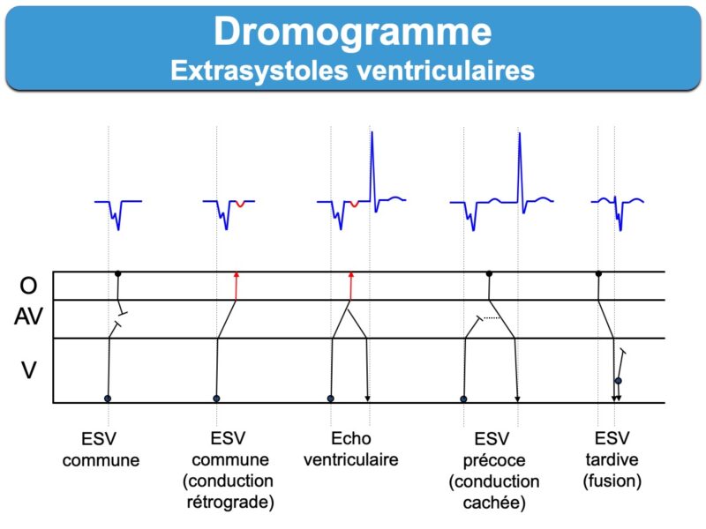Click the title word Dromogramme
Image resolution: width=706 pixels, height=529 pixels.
pyautogui.click(x=352, y=32)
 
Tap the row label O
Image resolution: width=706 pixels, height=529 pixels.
pyautogui.click(x=28, y=286)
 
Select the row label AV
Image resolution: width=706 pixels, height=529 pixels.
pyautogui.click(x=28, y=317)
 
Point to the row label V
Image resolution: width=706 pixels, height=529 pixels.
pyautogui.click(x=29, y=370)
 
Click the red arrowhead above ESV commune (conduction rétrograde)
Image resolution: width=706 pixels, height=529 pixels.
pyautogui.click(x=236, y=274)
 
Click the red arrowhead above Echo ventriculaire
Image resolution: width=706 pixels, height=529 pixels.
pyautogui.click(x=351, y=274)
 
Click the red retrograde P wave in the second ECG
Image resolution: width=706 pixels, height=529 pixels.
pyautogui.click(x=240, y=205)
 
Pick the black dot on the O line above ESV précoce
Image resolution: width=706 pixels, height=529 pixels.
pyautogui.click(x=489, y=273)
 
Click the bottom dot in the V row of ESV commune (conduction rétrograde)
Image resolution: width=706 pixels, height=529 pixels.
pyautogui.click(x=216, y=399)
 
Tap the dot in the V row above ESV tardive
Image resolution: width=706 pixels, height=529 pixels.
pyautogui.click(x=619, y=381)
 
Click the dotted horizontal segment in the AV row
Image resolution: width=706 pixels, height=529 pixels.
pyautogui.click(x=492, y=318)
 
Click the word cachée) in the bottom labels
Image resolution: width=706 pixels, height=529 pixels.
pyautogui.click(x=494, y=503)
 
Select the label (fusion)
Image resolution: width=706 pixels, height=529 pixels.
pyautogui.click(x=612, y=481)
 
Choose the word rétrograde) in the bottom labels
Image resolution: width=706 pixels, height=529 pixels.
pyautogui.click(x=230, y=502)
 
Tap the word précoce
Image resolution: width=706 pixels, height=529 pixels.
pyautogui.click(x=494, y=460)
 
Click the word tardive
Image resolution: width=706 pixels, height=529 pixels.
pyautogui.click(x=612, y=459)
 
